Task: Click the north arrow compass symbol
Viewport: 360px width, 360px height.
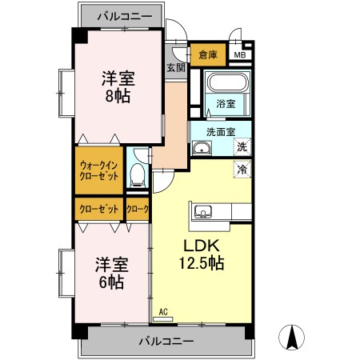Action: click(294, 338)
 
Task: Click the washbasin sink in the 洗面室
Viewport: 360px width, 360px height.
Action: click(203, 148)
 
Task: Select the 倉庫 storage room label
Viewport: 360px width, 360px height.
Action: click(208, 54)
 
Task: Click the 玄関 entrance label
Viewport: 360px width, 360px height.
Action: click(175, 68)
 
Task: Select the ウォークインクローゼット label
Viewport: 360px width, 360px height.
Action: click(99, 170)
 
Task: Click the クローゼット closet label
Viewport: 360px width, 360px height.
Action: click(99, 209)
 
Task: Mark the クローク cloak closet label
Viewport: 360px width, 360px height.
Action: click(138, 209)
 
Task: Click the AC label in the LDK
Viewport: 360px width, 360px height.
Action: click(163, 313)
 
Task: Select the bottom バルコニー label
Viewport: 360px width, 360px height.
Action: click(166, 341)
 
